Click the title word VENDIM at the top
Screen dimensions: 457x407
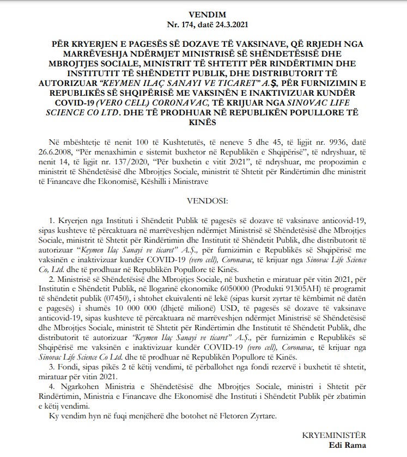203,14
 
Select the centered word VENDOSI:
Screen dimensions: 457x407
203,201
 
